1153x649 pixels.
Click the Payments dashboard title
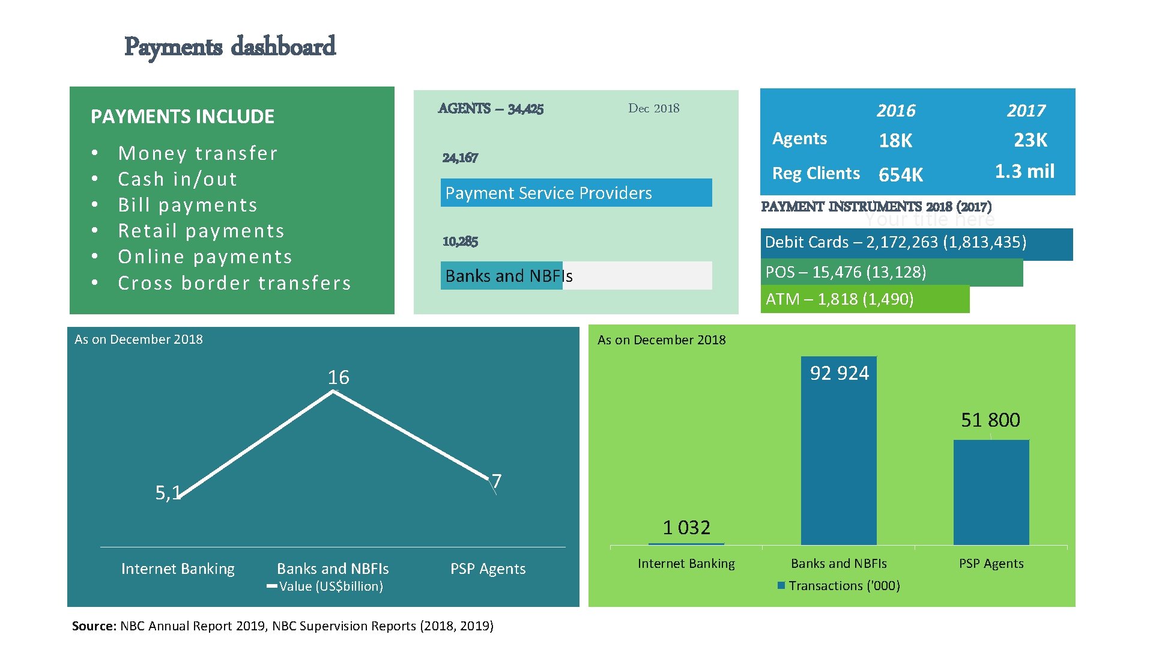[229, 47]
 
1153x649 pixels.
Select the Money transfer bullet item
[198, 153]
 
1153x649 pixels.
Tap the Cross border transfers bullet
[234, 283]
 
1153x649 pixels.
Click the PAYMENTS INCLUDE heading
[183, 117]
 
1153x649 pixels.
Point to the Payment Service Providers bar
[575, 193]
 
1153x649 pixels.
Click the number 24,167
[460, 158]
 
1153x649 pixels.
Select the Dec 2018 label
[653, 109]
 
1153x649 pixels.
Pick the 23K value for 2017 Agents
[1030, 140]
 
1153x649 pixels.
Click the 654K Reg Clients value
[900, 175]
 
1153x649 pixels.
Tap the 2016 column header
[895, 111]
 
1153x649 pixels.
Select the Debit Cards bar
[916, 243]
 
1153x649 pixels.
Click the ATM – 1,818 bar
[864, 299]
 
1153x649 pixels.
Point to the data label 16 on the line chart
[338, 377]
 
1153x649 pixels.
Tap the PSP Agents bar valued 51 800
[991, 493]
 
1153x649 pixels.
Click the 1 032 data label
[686, 528]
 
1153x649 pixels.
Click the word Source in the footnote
[93, 626]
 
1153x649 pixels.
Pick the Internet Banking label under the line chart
[178, 569]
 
